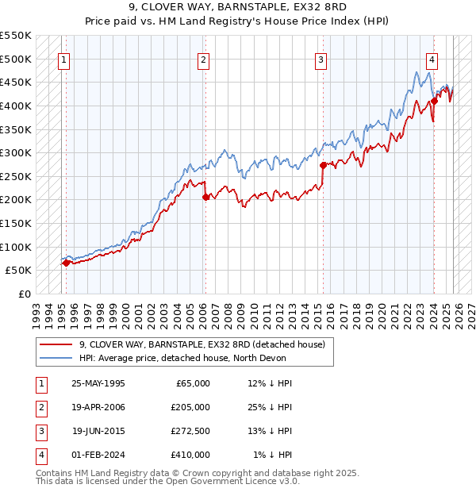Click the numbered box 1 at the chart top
63,59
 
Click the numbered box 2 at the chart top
204,59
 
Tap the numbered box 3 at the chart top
321,59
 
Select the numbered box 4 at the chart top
432,59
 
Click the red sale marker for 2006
205,197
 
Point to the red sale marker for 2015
323,165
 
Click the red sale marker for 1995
66,263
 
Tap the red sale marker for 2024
435,101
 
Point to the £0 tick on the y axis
25,294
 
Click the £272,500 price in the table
190,433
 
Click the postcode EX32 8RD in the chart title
321,9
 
